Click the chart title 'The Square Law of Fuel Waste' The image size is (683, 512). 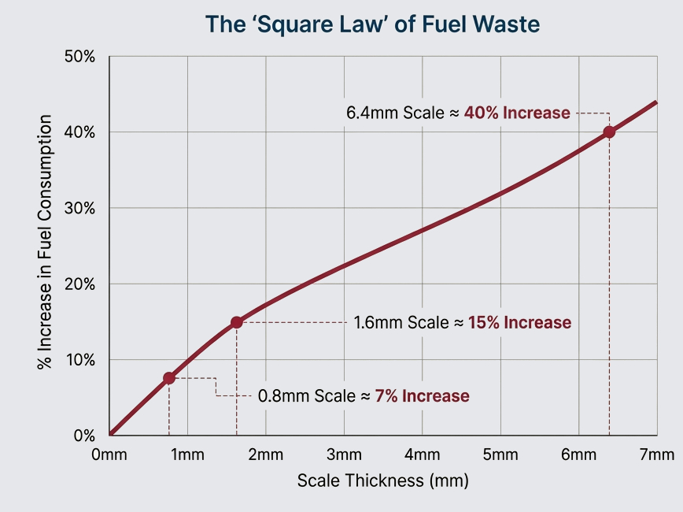(372, 24)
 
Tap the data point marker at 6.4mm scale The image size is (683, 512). (609, 132)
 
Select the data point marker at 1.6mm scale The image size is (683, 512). (236, 322)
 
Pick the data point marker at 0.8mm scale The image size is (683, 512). (168, 378)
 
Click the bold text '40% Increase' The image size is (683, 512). (517, 113)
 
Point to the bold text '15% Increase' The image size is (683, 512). (519, 323)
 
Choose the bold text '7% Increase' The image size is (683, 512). (422, 396)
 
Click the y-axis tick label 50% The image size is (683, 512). (79, 57)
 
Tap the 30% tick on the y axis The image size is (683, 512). (79, 209)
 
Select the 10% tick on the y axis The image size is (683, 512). (79, 360)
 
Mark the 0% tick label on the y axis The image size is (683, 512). (83, 436)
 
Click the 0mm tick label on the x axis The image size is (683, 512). (109, 455)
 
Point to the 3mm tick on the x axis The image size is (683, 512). (344, 455)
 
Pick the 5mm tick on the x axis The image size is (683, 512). (500, 455)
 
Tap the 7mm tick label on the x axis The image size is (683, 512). (657, 455)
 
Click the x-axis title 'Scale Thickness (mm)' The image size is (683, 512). (382, 480)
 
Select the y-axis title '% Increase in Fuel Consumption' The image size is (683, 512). (45, 243)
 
